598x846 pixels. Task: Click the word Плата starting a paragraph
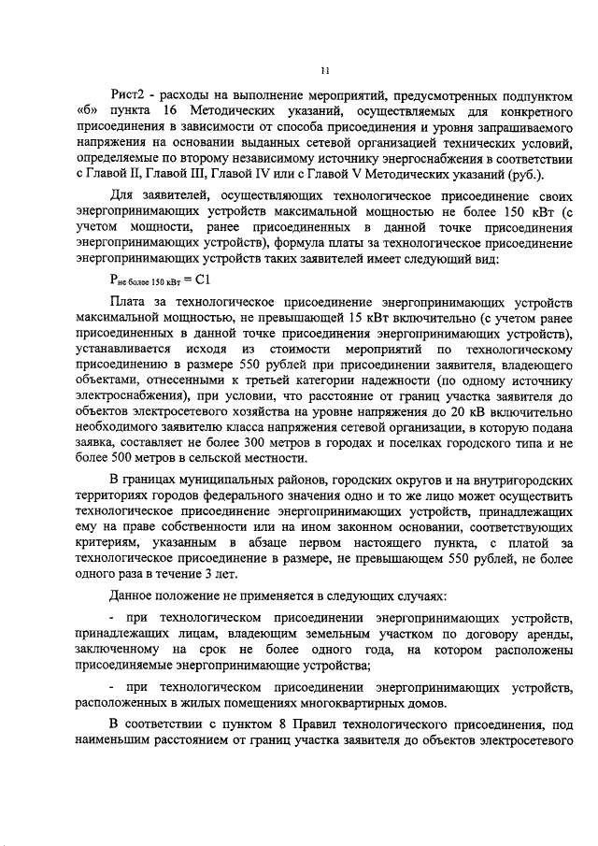click(x=128, y=304)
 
